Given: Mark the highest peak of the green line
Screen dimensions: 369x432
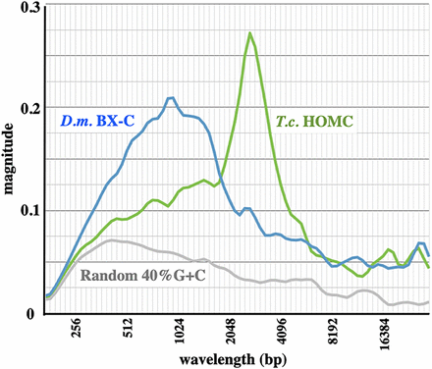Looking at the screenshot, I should coord(250,33).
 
